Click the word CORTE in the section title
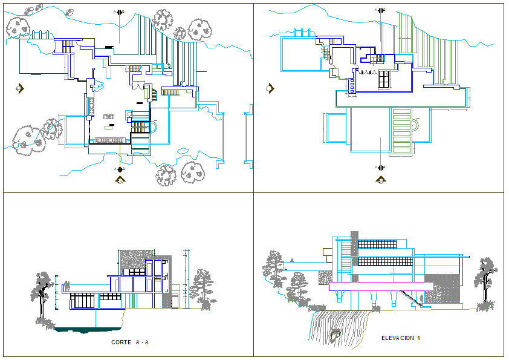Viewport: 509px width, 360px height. [121, 342]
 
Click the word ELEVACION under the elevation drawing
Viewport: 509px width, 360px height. [397, 338]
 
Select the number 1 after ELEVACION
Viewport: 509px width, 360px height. [418, 338]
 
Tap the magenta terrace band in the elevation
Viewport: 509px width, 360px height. [381, 287]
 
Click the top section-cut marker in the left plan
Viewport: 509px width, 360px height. [120, 11]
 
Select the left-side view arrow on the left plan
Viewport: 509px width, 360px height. [20, 88]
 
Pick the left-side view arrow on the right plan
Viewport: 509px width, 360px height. [270, 88]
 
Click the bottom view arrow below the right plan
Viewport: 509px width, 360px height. [381, 179]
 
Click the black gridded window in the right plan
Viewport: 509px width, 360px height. [384, 78]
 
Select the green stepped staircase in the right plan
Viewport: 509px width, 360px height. [401, 129]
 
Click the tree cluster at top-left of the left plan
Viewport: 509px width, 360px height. [18, 25]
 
